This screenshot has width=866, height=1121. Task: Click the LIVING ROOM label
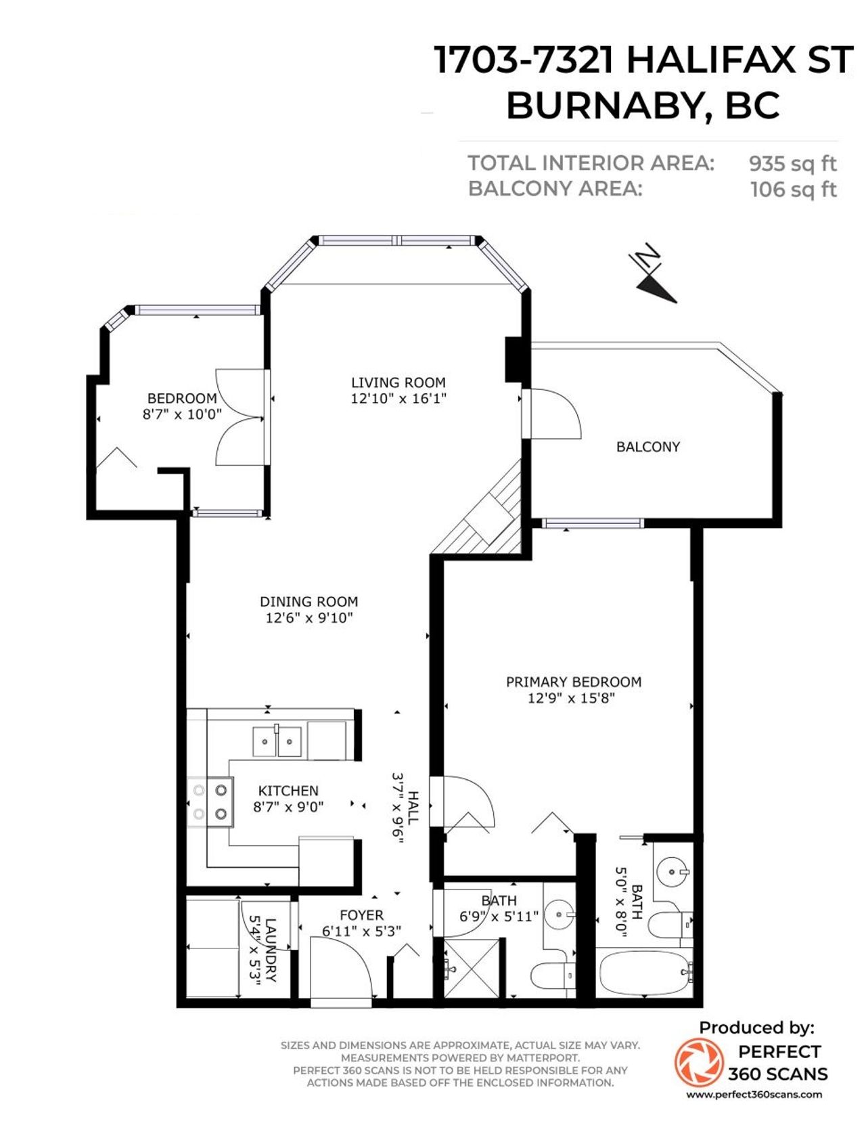click(398, 382)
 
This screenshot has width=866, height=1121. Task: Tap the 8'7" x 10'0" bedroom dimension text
click(182, 414)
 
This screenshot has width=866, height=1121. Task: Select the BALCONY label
click(648, 447)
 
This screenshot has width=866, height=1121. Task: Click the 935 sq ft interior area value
click(793, 164)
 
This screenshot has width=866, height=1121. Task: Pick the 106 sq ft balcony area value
click(794, 190)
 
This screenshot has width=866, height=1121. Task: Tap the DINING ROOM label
click(309, 602)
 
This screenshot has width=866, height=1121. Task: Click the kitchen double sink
click(277, 742)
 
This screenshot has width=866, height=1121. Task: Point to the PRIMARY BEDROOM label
click(574, 682)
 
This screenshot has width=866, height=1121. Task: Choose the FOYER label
click(361, 915)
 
